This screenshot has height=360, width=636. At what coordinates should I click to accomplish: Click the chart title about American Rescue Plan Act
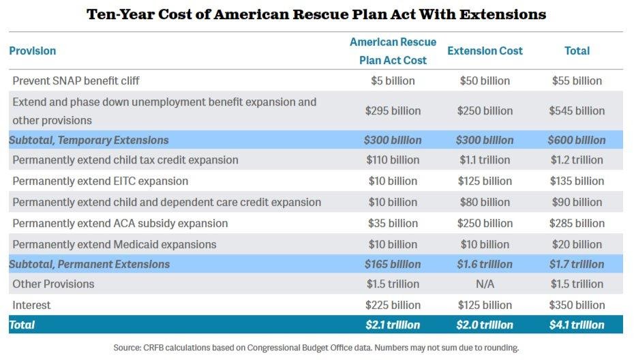click(x=316, y=14)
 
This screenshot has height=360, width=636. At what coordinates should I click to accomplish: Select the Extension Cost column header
click(x=485, y=50)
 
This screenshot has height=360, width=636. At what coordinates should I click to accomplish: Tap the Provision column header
click(x=33, y=50)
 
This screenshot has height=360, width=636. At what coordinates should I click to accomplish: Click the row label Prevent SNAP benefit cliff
click(x=76, y=80)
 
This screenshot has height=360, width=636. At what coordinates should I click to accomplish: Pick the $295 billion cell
click(x=393, y=110)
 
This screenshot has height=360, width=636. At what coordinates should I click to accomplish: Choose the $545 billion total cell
click(x=577, y=110)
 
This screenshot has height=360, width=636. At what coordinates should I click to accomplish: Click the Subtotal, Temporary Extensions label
click(x=89, y=140)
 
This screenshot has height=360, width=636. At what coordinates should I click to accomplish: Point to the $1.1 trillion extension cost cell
click(x=485, y=160)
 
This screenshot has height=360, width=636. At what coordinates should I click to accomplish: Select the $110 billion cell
click(x=393, y=160)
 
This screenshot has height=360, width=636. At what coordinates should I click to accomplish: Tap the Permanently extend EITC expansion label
click(x=100, y=181)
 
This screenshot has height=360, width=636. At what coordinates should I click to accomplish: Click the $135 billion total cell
click(x=577, y=181)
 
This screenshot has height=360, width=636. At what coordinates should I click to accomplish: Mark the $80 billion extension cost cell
click(x=485, y=202)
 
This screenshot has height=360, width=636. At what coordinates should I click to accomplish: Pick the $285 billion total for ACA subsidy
click(x=577, y=223)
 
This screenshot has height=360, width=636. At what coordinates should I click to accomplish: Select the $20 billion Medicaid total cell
click(x=577, y=244)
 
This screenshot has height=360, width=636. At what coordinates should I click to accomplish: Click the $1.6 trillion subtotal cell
click(x=485, y=264)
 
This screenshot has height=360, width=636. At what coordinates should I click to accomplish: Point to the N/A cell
click(x=485, y=284)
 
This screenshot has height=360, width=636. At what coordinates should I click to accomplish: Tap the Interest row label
click(x=31, y=305)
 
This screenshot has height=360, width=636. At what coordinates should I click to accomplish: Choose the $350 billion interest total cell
click(x=577, y=305)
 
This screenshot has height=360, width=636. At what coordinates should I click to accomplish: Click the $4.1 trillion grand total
click(x=577, y=325)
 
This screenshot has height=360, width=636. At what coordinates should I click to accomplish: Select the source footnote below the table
click(x=316, y=348)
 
